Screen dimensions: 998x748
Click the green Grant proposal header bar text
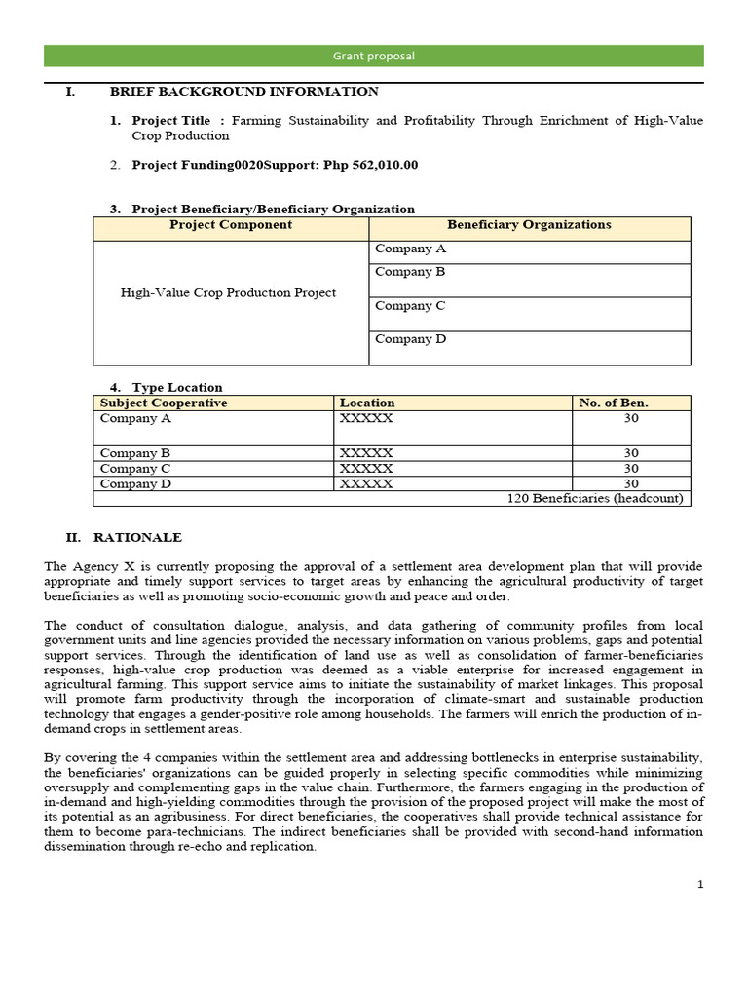pyautogui.click(x=375, y=57)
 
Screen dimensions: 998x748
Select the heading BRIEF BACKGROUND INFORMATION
pyautogui.click(x=243, y=92)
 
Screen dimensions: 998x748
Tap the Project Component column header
pyautogui.click(x=231, y=225)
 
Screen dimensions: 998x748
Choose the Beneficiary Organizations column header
pyautogui.click(x=529, y=225)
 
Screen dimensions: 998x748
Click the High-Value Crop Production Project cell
pyautogui.click(x=228, y=292)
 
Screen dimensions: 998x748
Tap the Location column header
pyautogui.click(x=367, y=403)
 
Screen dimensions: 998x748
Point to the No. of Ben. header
pyautogui.click(x=614, y=403)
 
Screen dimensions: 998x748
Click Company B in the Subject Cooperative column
pyautogui.click(x=135, y=453)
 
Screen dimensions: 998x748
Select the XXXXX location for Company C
pyautogui.click(x=366, y=469)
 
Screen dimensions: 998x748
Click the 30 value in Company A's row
pyautogui.click(x=631, y=419)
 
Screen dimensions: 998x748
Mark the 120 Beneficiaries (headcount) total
pyautogui.click(x=595, y=498)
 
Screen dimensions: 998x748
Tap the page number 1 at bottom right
pyautogui.click(x=699, y=885)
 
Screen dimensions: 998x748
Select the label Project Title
pyautogui.click(x=171, y=121)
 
